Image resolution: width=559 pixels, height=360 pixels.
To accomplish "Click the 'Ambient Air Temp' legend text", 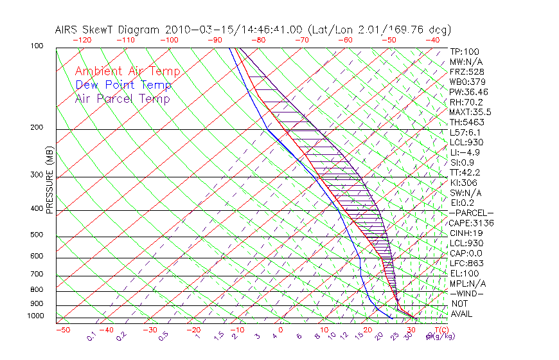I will (127, 71).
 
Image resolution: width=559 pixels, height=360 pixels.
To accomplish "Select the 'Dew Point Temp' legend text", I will (123, 85).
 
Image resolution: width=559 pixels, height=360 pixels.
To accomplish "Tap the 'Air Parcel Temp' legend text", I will (122, 98).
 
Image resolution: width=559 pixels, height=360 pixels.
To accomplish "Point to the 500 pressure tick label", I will (37, 235).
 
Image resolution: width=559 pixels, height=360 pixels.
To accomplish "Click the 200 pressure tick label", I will (37, 128).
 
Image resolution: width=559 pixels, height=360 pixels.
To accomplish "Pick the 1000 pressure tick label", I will (35, 316).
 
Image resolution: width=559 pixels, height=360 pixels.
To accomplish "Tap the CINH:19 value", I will (466, 233).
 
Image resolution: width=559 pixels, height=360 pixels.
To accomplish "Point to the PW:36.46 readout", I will (468, 92).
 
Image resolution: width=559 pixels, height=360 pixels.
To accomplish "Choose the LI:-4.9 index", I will (465, 152).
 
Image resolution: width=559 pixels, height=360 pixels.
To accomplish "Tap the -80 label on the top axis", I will (259, 40).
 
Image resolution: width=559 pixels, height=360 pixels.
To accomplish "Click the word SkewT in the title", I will (139, 30).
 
